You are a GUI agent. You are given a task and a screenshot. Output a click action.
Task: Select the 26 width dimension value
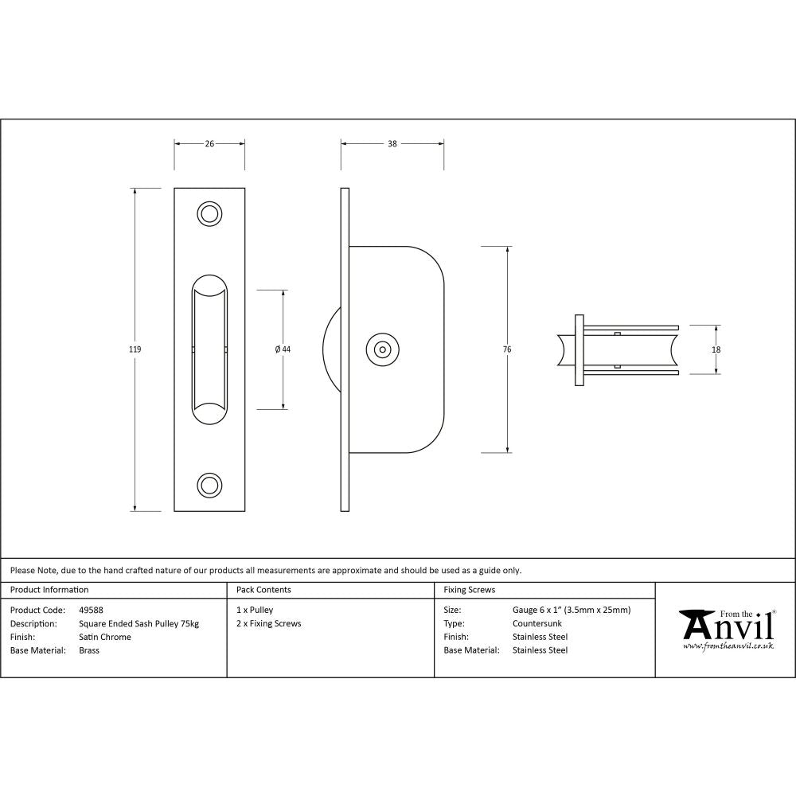point(209,144)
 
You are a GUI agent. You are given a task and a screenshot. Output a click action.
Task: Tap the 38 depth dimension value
point(392,144)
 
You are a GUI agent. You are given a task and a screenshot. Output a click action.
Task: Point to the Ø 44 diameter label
point(283,349)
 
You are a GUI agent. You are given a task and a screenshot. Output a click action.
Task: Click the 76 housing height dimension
point(507,349)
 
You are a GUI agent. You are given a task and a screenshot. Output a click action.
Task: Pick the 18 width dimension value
point(716,349)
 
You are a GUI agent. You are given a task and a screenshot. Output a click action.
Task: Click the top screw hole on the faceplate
point(209,214)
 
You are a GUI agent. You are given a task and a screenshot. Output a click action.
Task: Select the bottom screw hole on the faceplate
point(209,484)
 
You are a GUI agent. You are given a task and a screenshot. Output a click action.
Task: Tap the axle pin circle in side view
point(383,349)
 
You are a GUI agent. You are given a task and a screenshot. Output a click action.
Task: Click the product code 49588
point(91,611)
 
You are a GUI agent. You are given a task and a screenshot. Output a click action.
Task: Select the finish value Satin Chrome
point(105,637)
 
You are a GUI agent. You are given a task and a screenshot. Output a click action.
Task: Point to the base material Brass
point(89,650)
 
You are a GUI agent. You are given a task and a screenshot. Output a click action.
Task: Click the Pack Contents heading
point(263,590)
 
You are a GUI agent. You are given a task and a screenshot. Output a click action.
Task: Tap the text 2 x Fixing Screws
point(269,623)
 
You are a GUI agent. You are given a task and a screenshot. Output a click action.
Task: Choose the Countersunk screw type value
point(537,623)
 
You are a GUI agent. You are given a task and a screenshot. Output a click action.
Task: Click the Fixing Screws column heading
point(469,590)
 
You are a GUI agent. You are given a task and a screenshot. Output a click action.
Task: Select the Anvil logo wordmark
point(727,626)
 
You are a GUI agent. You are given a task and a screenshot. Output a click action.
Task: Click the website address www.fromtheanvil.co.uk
point(728,646)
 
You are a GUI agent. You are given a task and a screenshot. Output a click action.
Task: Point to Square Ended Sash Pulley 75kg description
point(139,623)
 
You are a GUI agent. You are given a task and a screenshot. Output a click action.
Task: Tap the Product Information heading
point(49,590)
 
